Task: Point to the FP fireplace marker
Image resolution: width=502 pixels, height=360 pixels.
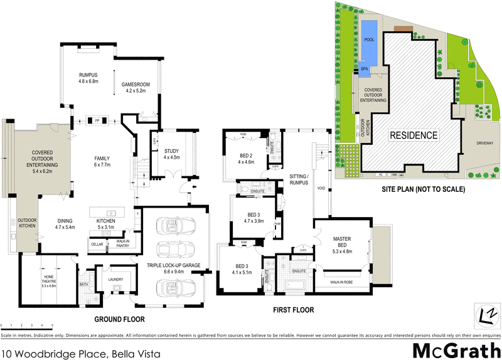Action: pos(97,119)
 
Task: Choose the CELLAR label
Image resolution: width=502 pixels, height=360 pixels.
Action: pos(97,244)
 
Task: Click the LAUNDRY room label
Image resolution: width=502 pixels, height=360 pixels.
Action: pos(114,279)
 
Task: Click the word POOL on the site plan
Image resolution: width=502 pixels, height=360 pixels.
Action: pos(368,39)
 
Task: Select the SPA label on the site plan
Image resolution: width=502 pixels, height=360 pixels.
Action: pos(364,69)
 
